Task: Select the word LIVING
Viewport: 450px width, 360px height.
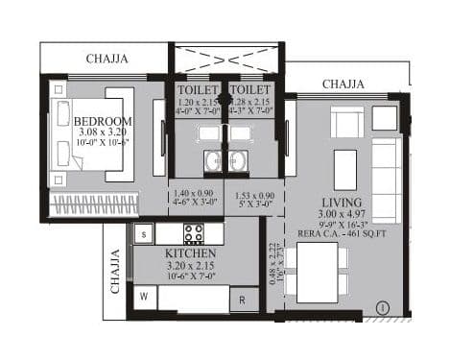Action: tap(343, 204)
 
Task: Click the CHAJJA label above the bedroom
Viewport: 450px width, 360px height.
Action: tap(107, 59)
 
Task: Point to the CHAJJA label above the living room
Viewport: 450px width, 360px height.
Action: tap(343, 84)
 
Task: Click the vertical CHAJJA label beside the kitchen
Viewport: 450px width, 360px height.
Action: tap(115, 271)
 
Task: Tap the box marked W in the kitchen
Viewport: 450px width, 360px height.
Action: tap(144, 297)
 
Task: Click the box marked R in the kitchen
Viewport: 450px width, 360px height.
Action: tap(244, 299)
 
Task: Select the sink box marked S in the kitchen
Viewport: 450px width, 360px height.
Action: tap(143, 233)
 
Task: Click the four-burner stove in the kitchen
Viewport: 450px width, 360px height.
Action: tap(194, 233)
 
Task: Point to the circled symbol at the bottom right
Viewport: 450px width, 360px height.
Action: tap(383, 307)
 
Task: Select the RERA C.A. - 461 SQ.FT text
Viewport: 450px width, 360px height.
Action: tap(343, 231)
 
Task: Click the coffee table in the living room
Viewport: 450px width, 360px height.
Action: tap(345, 170)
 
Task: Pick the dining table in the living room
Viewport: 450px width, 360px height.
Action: tap(317, 273)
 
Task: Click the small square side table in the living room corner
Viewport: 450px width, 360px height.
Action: tap(385, 118)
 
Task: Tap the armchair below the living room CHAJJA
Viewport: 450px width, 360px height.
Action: tap(346, 122)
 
